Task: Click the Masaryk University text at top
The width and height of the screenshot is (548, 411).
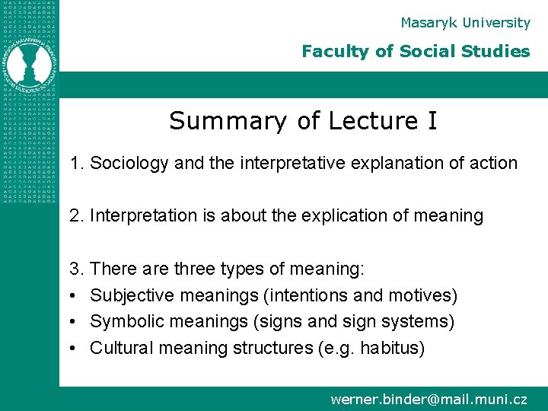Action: (x=465, y=23)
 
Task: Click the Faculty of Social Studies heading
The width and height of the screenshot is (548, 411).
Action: (x=415, y=52)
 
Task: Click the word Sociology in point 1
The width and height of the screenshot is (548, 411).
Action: (x=126, y=163)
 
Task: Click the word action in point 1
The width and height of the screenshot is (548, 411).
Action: (x=495, y=163)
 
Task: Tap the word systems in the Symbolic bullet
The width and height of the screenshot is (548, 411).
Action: (x=420, y=322)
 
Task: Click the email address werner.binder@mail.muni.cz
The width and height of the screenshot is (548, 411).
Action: (x=429, y=399)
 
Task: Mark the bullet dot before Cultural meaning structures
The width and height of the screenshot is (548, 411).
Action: (x=73, y=349)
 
